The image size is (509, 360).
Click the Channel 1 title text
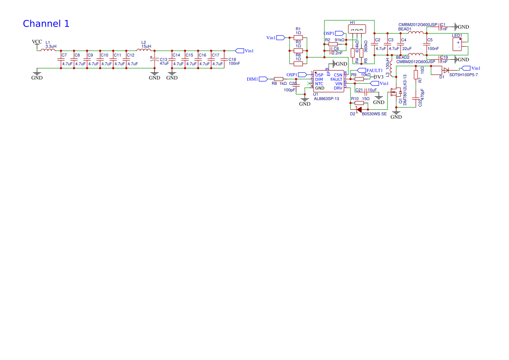[46, 24]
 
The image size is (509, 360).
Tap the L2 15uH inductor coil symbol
[143, 50]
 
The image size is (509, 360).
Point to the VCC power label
[37, 42]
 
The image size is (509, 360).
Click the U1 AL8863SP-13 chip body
[329, 81]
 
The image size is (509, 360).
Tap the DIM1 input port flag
[263, 79]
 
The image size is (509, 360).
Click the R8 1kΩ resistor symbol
[279, 79]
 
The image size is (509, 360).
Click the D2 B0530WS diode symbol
[359, 109]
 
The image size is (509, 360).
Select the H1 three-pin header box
[357, 29]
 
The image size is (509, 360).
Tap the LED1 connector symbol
[458, 44]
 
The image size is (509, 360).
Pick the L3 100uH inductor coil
[391, 68]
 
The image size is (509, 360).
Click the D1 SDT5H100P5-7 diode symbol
[446, 71]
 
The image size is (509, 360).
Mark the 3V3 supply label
[379, 77]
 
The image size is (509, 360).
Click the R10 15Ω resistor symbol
[359, 103]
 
